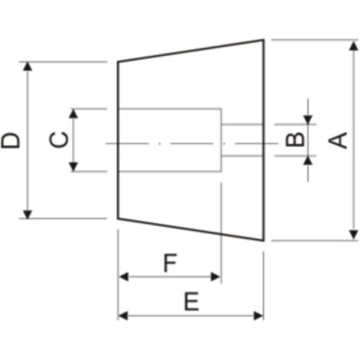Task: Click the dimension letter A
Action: (x=338, y=140)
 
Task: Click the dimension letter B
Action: (x=295, y=139)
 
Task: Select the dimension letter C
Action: (x=59, y=139)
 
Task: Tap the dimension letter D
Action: (x=11, y=140)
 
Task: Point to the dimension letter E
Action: (x=191, y=301)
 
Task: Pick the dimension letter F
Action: (x=170, y=263)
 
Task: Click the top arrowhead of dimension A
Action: (x=354, y=46)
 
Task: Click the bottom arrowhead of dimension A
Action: (x=354, y=234)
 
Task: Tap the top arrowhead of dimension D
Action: (x=28, y=66)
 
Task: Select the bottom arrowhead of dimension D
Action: (x=28, y=214)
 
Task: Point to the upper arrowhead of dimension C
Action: (x=74, y=113)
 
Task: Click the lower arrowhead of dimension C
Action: (x=74, y=167)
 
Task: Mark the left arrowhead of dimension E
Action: (x=123, y=316)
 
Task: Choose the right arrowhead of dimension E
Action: (x=258, y=316)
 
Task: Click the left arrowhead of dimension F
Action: (x=123, y=277)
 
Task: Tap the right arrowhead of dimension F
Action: (x=215, y=277)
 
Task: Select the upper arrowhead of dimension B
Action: (x=308, y=119)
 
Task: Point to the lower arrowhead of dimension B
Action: (x=308, y=160)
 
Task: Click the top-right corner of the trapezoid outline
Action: (x=263, y=40)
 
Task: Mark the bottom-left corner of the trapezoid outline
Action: (x=118, y=218)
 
